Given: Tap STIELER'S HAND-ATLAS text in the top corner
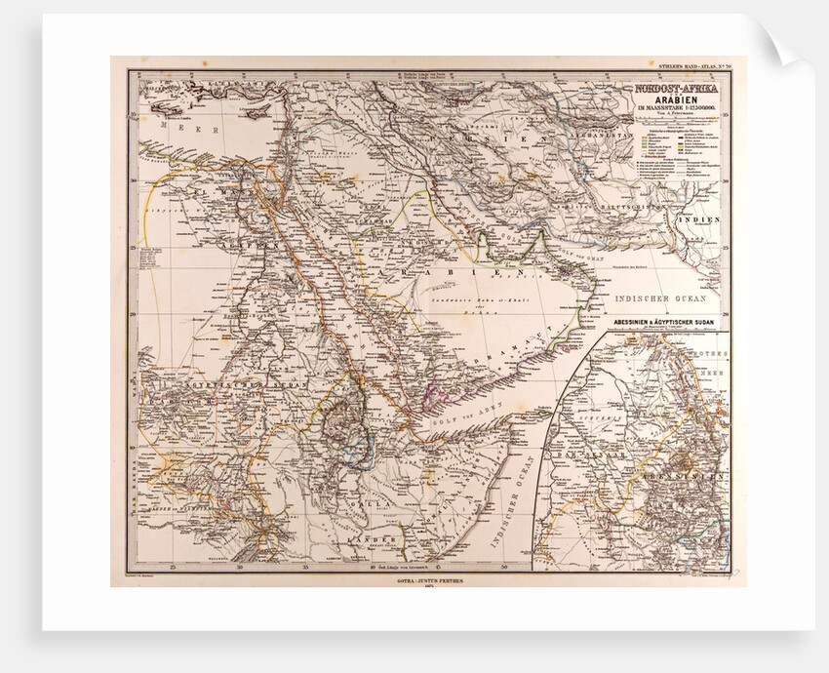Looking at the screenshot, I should click(x=688, y=67).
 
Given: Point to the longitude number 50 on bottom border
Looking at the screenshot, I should click(x=504, y=566).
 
